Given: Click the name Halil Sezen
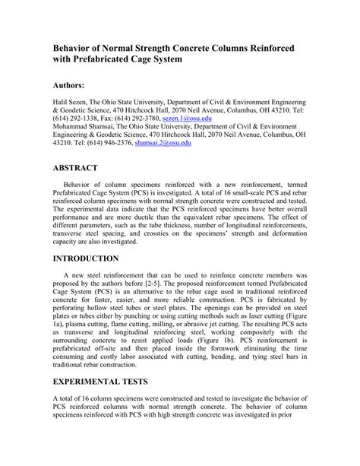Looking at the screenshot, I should pyautogui.click(x=73, y=100).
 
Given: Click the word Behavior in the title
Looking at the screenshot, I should pyautogui.click(x=76, y=46).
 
